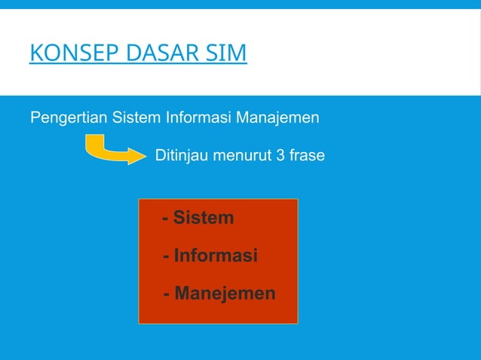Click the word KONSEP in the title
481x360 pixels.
(x=66, y=55)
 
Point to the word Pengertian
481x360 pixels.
(x=69, y=118)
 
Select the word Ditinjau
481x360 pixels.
(x=182, y=157)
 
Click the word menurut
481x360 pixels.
(x=244, y=157)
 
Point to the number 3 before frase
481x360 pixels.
(x=280, y=157)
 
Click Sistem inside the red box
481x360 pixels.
(x=204, y=218)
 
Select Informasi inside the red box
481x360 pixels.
(x=216, y=256)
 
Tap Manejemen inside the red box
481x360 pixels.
(x=225, y=293)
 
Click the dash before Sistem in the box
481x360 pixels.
(x=165, y=219)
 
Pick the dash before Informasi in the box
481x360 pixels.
(x=167, y=257)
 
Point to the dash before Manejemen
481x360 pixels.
(x=167, y=294)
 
